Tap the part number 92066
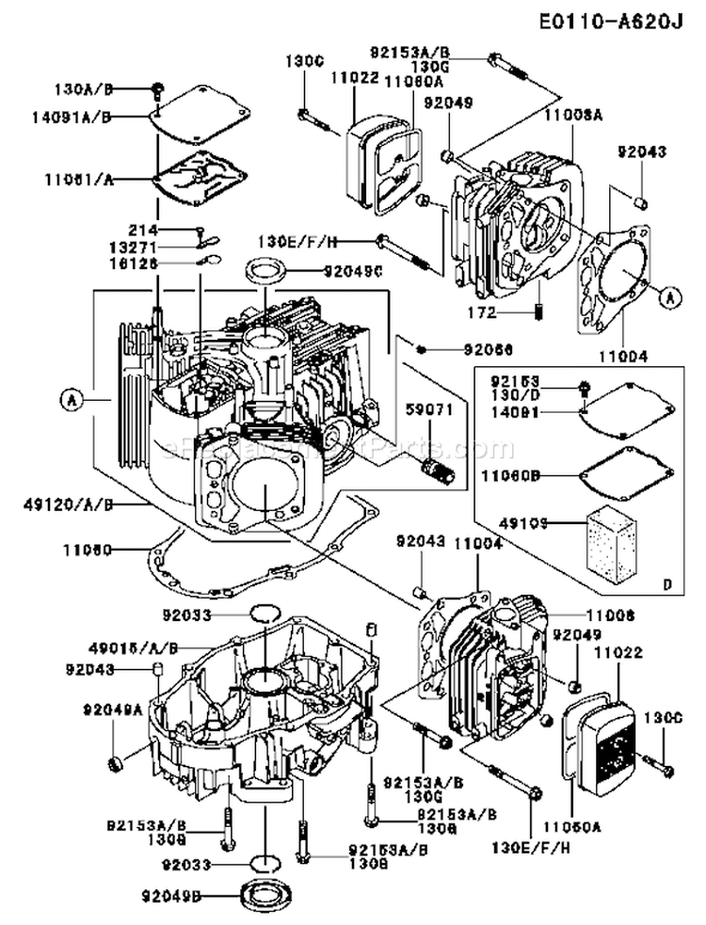click(487, 349)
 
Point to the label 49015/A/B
click(140, 648)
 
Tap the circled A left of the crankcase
click(69, 399)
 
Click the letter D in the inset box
click(666, 585)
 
